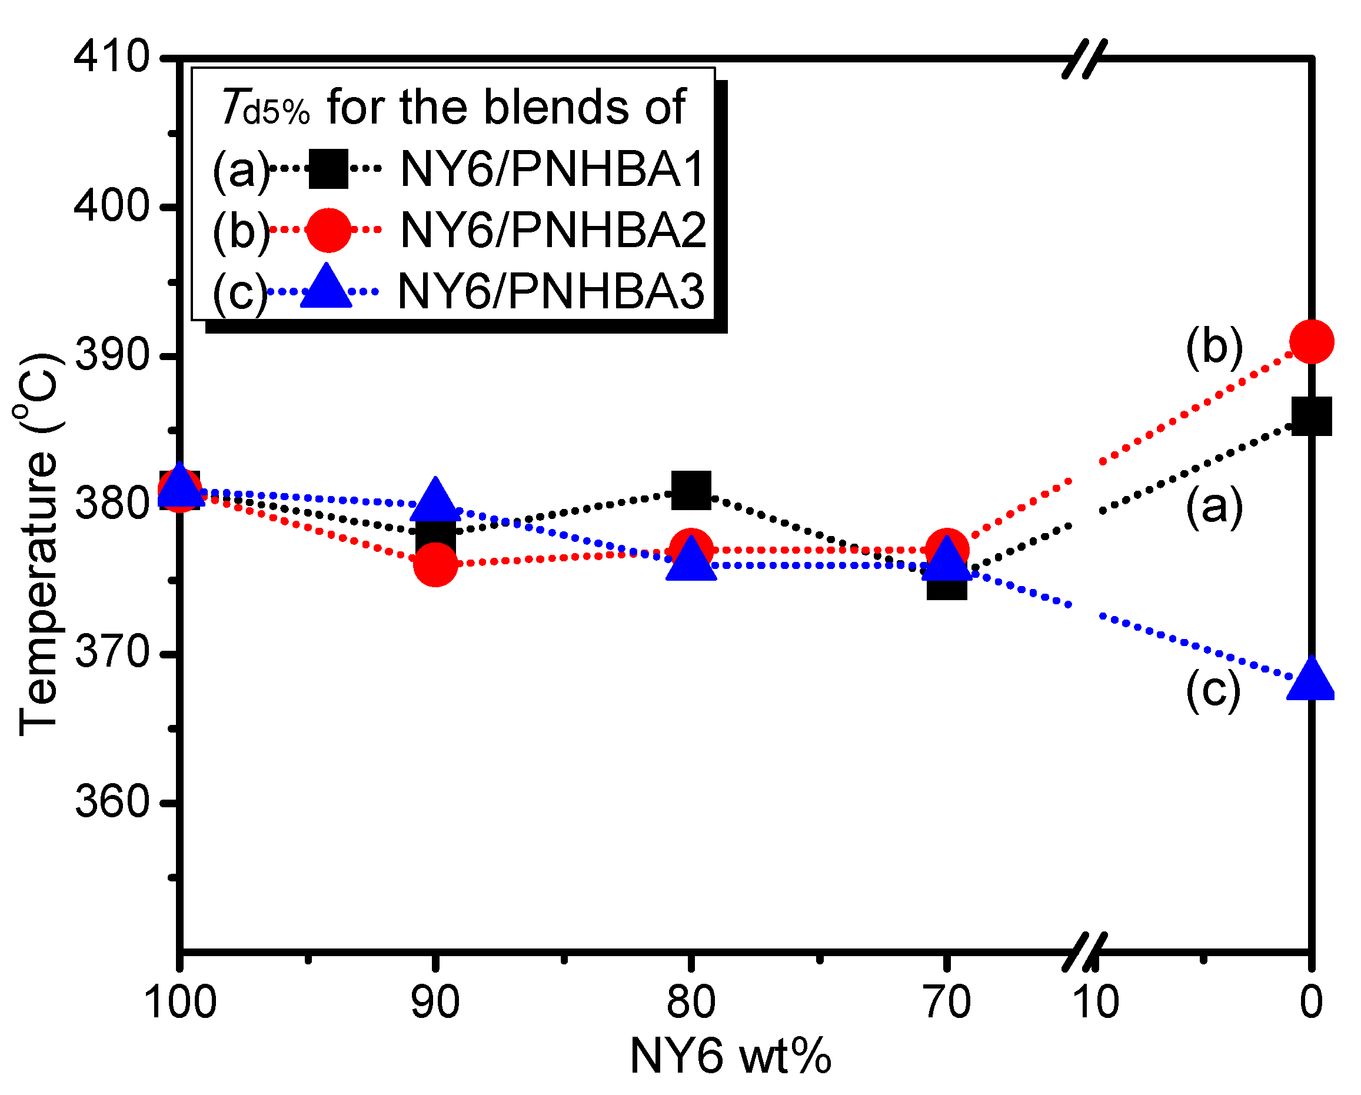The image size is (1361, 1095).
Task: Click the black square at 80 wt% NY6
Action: click(x=691, y=490)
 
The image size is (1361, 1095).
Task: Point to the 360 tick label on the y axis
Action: click(x=112, y=803)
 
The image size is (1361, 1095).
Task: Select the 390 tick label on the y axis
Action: click(x=112, y=356)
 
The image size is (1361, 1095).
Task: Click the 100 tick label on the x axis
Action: click(x=180, y=1002)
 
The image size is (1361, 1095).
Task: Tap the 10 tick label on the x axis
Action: click(x=1096, y=1002)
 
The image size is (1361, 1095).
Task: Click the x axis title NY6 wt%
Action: click(x=730, y=1056)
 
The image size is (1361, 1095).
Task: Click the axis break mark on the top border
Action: click(x=1084, y=59)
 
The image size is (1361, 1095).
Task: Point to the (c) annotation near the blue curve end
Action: click(x=1213, y=690)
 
